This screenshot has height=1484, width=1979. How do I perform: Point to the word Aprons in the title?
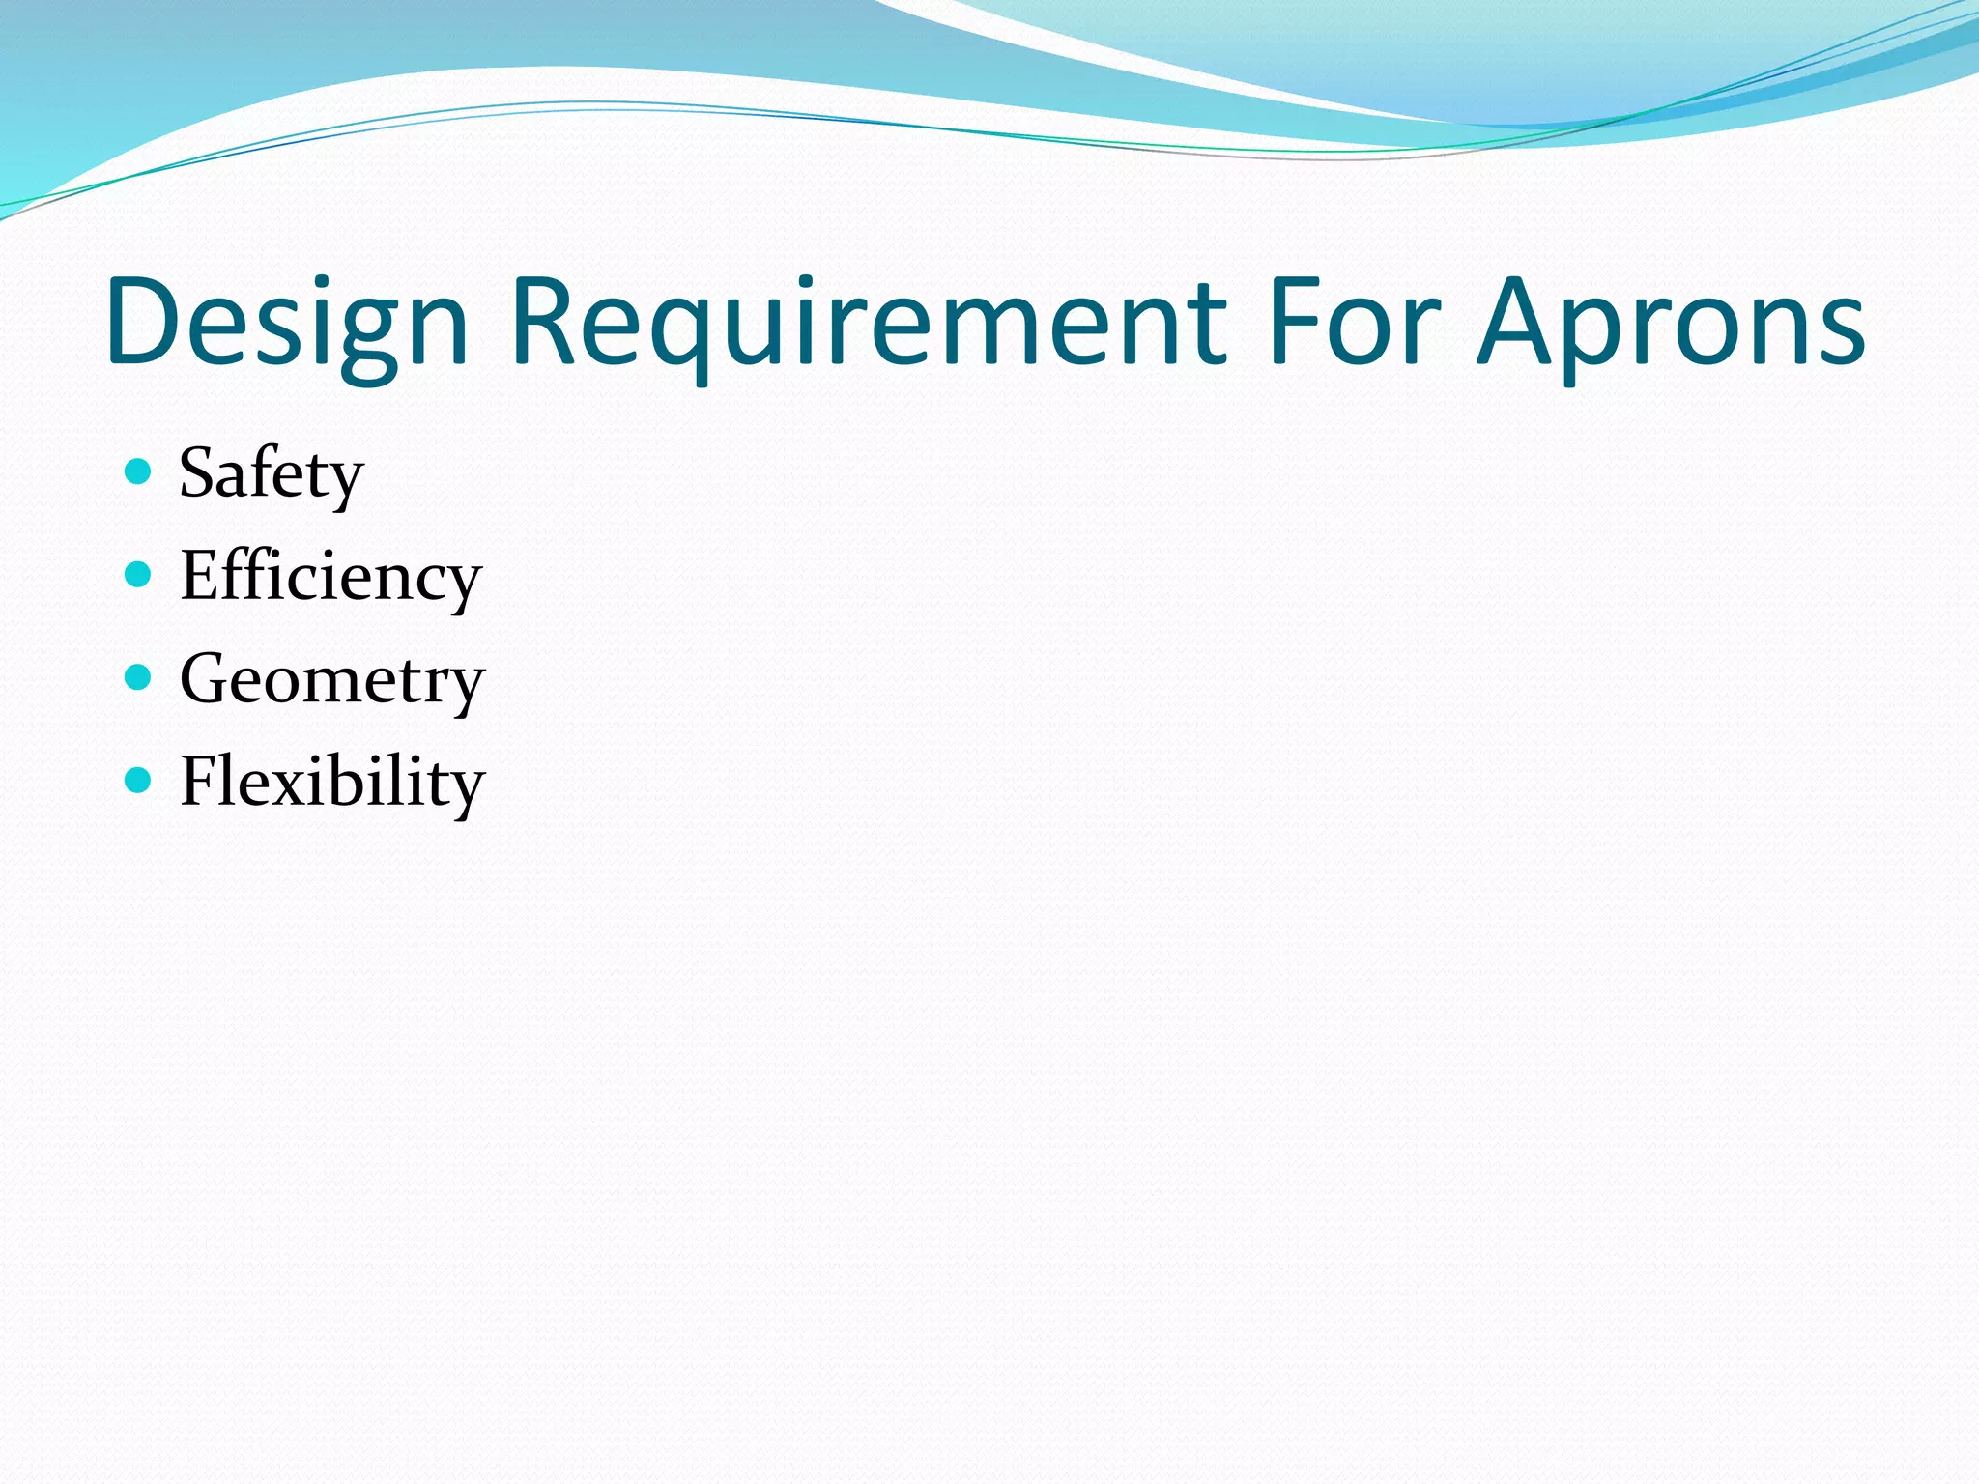[x=1672, y=323]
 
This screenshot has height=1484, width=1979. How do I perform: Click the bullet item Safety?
[x=272, y=473]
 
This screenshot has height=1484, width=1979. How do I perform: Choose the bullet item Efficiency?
[x=330, y=577]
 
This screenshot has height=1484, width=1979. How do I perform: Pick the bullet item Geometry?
[x=332, y=680]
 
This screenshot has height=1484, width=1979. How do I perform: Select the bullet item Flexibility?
[x=332, y=782]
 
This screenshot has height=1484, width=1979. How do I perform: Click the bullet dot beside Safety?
[x=139, y=471]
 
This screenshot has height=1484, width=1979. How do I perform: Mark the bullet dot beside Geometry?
[x=139, y=677]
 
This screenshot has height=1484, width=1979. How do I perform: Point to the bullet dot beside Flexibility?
[x=139, y=780]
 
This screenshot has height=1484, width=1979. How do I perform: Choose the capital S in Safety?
[x=201, y=473]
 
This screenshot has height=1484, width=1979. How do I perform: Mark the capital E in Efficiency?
[x=201, y=576]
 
